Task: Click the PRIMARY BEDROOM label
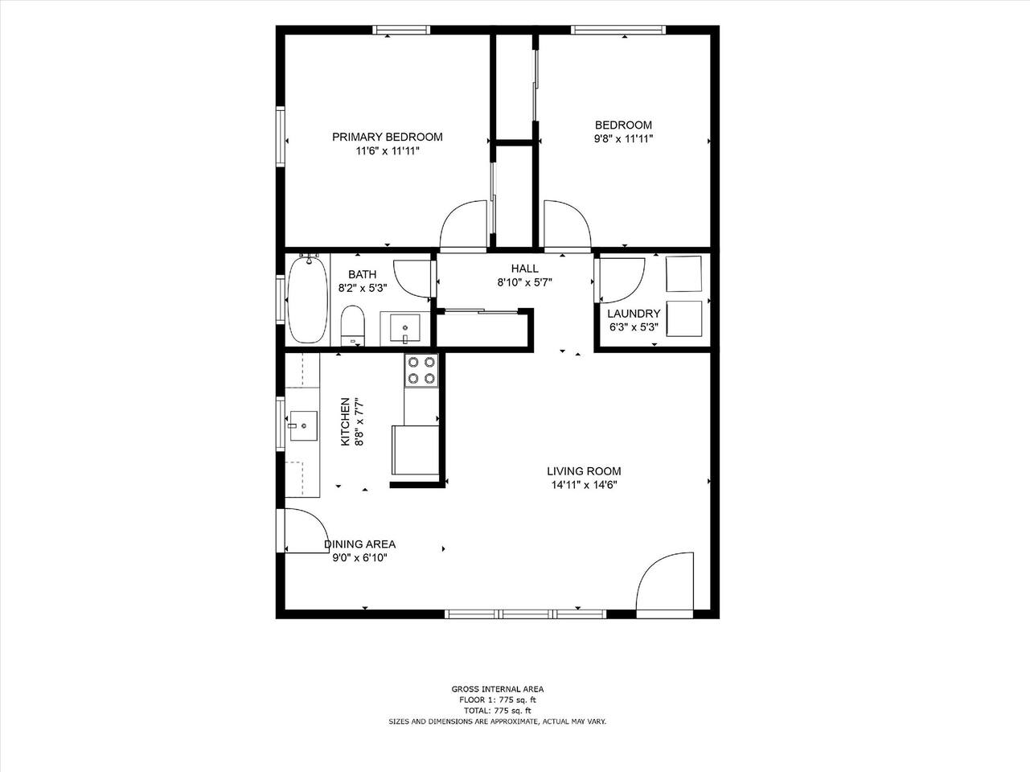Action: (387, 137)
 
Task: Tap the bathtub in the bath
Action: (307, 299)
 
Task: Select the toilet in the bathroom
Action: (352, 325)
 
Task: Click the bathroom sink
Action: (404, 328)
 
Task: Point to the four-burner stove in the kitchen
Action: (421, 370)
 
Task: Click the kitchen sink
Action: (304, 425)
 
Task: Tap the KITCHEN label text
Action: (345, 422)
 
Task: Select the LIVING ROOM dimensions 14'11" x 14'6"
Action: (584, 485)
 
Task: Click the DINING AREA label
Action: (360, 544)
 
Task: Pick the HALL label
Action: (524, 269)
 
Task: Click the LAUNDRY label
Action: (634, 314)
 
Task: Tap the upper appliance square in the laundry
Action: (683, 273)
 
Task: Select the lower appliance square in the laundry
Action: (683, 318)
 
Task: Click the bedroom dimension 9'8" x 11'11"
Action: (623, 139)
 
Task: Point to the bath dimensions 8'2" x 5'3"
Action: (363, 288)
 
